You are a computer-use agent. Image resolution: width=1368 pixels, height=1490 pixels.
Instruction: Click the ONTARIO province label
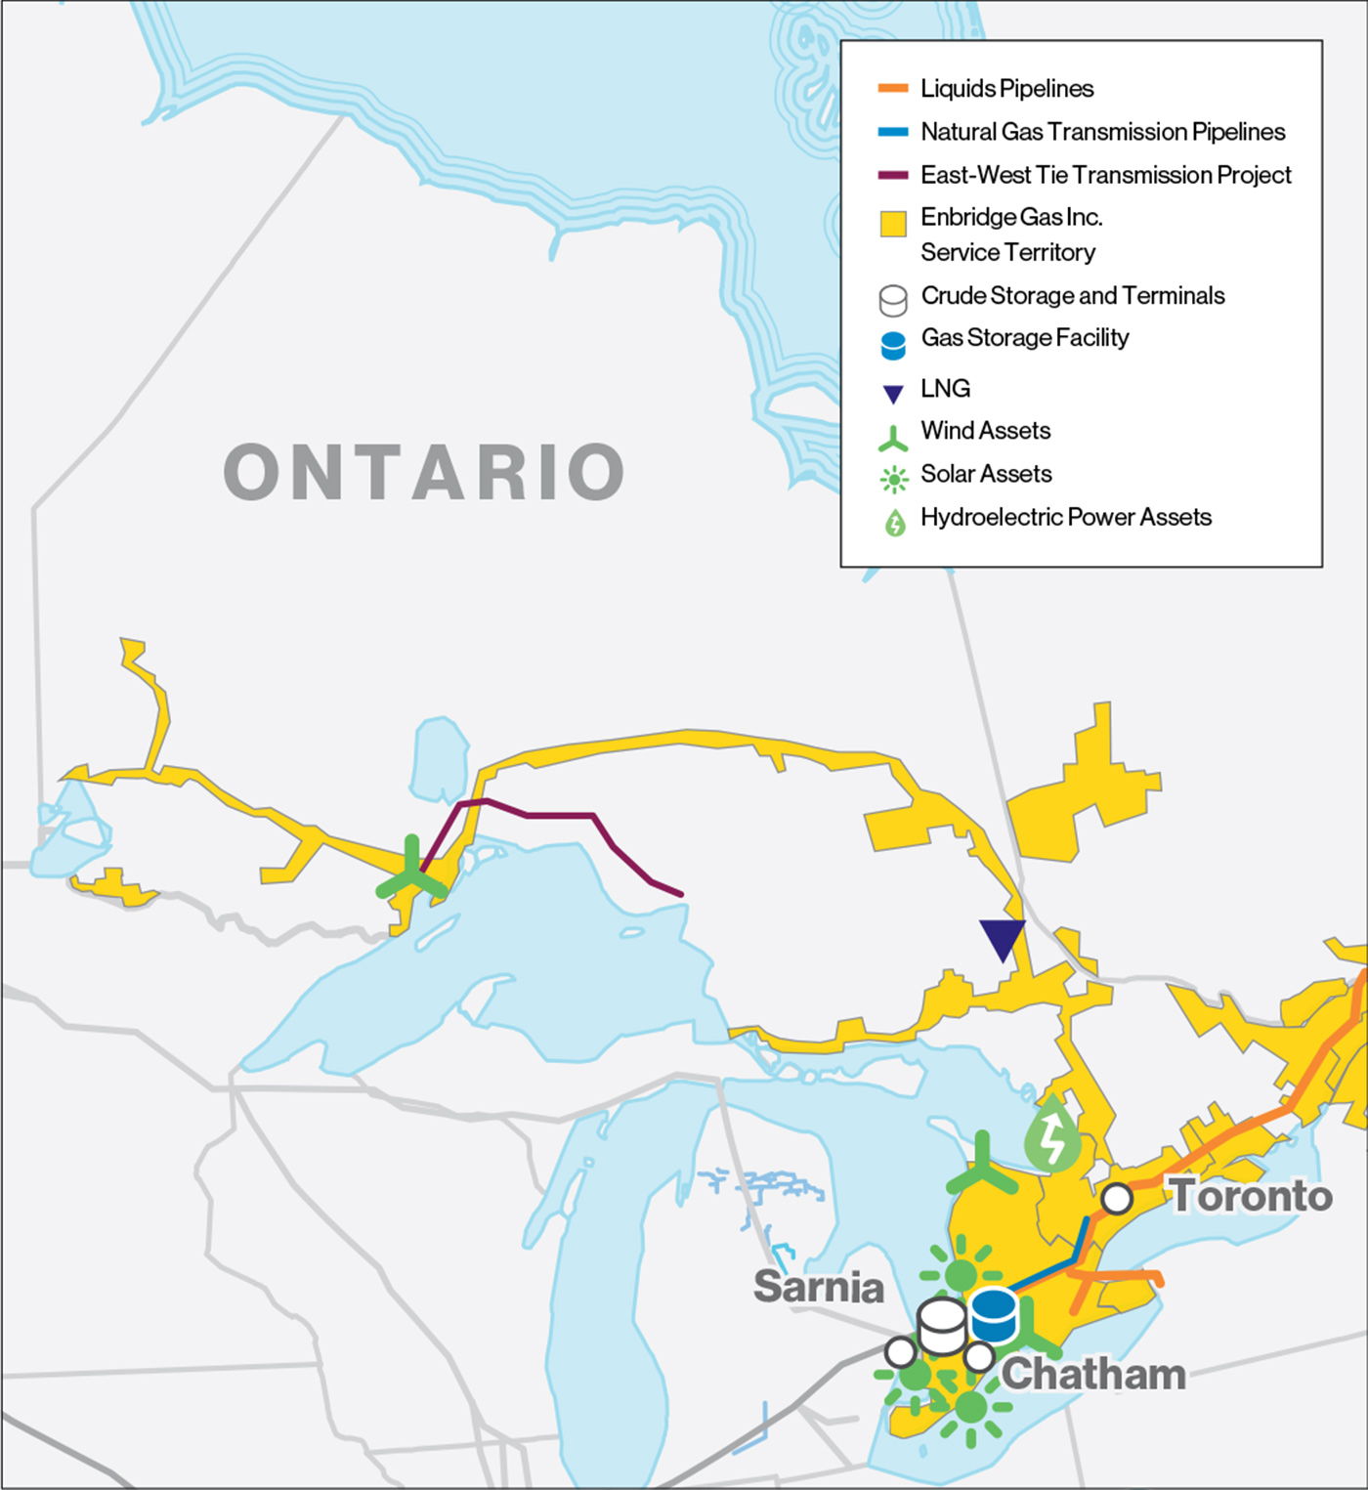point(424,472)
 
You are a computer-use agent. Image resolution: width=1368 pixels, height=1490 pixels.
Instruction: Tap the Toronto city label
point(1252,1196)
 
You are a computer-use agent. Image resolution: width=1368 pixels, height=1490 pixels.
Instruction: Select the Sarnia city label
point(818,1287)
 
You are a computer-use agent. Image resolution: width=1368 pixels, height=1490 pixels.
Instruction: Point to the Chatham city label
point(1093,1375)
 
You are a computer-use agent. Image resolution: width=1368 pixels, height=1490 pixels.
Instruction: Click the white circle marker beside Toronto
point(1117,1198)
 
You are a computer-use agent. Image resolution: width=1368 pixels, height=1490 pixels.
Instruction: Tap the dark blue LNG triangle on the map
point(1003,939)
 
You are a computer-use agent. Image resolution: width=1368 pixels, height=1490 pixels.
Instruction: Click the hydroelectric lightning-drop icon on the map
point(1052,1135)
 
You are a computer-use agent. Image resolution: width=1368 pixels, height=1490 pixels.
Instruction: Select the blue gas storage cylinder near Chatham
point(995,1315)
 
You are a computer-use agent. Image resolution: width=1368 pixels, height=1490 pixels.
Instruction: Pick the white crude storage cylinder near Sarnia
point(943,1326)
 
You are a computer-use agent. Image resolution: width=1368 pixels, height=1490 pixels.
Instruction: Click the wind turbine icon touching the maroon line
point(412,873)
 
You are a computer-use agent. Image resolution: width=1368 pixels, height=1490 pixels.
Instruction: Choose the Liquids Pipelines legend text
point(1006,89)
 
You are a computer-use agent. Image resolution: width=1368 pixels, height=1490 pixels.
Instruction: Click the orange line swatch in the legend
point(893,89)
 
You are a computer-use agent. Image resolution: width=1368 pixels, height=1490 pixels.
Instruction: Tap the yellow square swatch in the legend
point(893,224)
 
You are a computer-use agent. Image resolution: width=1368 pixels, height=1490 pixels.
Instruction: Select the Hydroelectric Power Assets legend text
point(1065,517)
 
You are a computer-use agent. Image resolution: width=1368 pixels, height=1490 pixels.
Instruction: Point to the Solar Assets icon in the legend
point(893,479)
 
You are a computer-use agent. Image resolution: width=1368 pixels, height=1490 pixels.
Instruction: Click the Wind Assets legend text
point(985,431)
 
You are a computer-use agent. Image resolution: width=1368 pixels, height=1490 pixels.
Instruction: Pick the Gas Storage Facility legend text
point(1024,338)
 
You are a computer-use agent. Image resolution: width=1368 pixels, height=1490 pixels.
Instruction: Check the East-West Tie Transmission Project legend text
point(1105,175)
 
